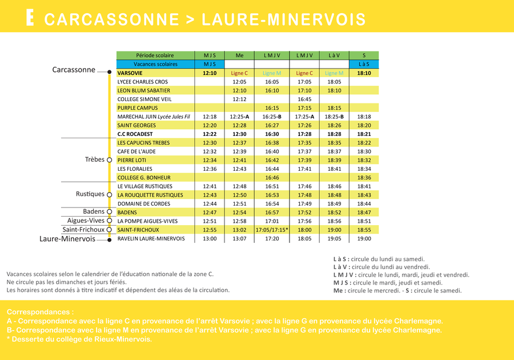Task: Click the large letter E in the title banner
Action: click(30, 18)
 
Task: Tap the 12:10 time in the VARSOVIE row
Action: click(210, 73)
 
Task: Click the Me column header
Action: click(239, 55)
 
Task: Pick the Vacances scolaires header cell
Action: click(155, 64)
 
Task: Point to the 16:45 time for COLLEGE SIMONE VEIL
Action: click(304, 99)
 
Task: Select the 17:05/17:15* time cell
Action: click(272, 230)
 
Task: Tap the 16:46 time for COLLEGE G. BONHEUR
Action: click(272, 178)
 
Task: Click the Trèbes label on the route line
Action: click(94, 160)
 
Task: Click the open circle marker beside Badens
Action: click(109, 212)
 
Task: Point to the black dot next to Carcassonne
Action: click(109, 72)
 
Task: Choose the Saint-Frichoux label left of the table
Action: click(83, 230)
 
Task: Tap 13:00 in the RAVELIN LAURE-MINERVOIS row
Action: click(210, 239)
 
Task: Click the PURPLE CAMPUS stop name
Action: click(137, 107)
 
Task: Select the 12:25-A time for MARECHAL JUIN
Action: click(239, 117)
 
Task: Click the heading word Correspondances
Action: click(40, 313)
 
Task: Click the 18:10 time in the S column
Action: click(364, 73)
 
